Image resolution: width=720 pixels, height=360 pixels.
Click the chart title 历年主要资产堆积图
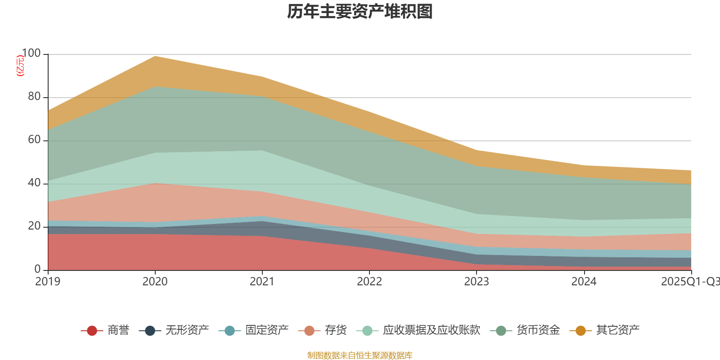pyautogui.click(x=360, y=12)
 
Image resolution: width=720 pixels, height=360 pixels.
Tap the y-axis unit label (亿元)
pyautogui.click(x=20, y=66)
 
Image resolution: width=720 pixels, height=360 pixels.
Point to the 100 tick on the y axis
pyautogui.click(x=31, y=54)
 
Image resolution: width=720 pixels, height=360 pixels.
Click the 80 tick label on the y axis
pyautogui.click(x=34, y=97)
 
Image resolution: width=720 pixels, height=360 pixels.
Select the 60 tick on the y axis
pyautogui.click(x=34, y=140)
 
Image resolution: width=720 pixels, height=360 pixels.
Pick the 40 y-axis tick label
pyautogui.click(x=34, y=183)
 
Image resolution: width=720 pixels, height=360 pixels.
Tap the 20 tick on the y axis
pyautogui.click(x=34, y=226)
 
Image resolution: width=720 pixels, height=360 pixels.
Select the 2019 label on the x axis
pyautogui.click(x=48, y=282)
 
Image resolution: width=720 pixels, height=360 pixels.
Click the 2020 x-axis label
pyautogui.click(x=155, y=282)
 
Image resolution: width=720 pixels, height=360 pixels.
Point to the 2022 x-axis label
pyautogui.click(x=369, y=282)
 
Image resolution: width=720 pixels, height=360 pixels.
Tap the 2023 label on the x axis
pyautogui.click(x=477, y=282)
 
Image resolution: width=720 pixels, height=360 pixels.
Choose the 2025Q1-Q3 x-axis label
pyautogui.click(x=689, y=282)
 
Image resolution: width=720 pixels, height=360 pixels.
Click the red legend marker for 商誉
pyautogui.click(x=92, y=331)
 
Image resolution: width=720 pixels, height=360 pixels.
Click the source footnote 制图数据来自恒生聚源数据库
pyautogui.click(x=360, y=355)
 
